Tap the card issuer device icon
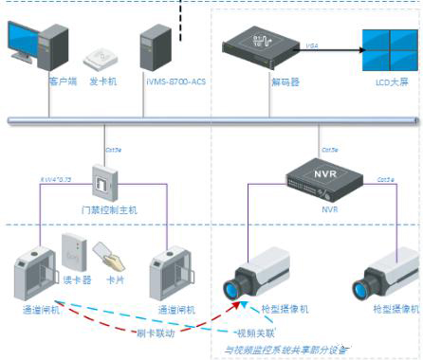[101, 59]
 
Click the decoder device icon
[256, 46]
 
